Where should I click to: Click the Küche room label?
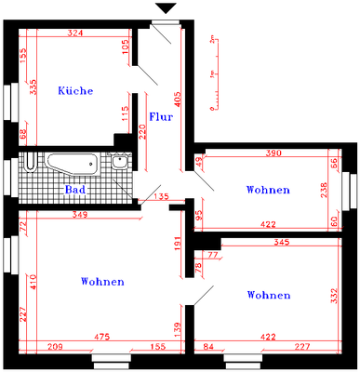click(74, 90)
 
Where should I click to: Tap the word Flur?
click(160, 117)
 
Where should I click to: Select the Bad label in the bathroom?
click(76, 190)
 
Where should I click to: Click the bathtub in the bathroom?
click(73, 164)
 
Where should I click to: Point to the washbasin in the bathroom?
click(119, 162)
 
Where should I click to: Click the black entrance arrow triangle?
click(165, 9)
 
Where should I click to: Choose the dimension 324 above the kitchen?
click(76, 33)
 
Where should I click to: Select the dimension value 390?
click(274, 153)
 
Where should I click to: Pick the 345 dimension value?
click(283, 243)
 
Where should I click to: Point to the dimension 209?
click(55, 346)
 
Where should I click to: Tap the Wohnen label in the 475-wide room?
click(102, 281)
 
